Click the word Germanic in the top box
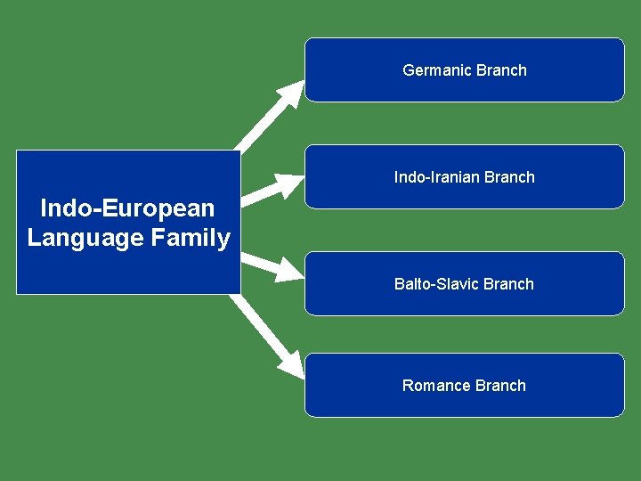437,70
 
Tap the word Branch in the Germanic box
501,70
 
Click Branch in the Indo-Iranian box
510,177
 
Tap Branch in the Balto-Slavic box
509,284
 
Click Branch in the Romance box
500,386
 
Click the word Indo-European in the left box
127,208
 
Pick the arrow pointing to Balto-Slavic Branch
267,263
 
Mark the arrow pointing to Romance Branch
263,330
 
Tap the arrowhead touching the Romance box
291,363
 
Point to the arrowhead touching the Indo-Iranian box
292,185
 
